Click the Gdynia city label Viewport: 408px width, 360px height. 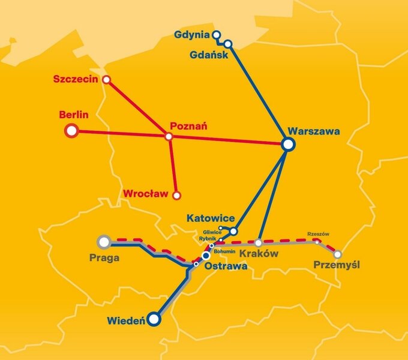coord(192,34)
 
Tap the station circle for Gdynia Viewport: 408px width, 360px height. coord(217,35)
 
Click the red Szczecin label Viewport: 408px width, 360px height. coord(76,79)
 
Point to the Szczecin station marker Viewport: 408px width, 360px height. coord(106,79)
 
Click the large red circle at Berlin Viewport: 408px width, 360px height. coord(71,130)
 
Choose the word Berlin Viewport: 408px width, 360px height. coord(74,114)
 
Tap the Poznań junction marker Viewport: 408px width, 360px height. coord(169,137)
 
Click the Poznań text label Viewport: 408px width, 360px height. coord(188,126)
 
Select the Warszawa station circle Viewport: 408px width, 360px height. coord(288,144)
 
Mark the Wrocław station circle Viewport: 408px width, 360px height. coord(176,195)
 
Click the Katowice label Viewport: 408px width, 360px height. coord(211,218)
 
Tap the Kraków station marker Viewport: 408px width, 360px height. coord(259,243)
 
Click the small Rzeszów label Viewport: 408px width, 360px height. coord(318,234)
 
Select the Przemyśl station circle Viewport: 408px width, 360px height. coord(338,254)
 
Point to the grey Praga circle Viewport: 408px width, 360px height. coord(104,242)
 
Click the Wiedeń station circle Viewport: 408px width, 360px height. coord(154,320)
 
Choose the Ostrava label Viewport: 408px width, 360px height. coord(226,265)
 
